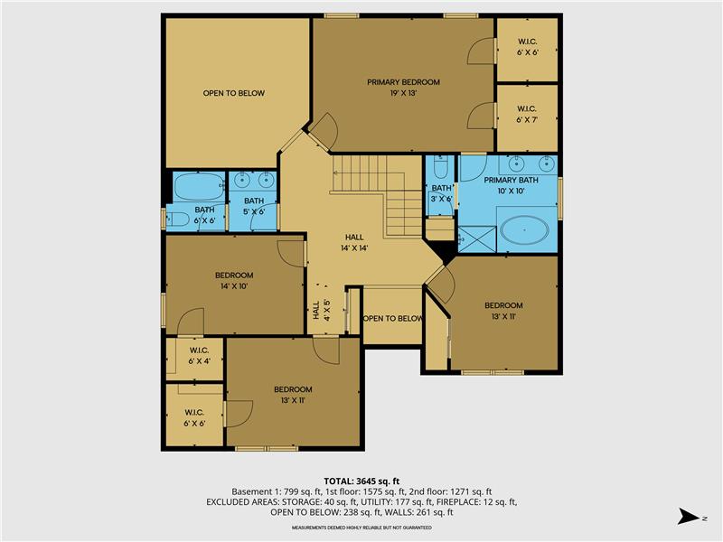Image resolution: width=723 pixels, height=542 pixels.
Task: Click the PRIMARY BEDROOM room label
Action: coord(403,87)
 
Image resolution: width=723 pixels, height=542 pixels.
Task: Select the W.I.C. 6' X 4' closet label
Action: coord(198,356)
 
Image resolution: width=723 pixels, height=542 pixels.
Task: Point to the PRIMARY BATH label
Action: coord(510,185)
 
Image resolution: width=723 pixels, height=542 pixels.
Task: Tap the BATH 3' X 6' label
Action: coord(441,193)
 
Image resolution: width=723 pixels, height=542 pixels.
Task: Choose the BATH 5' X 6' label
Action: coord(254,206)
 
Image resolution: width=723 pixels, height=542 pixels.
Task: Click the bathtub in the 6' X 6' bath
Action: coord(197,188)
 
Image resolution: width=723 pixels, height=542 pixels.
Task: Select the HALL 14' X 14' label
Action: coord(354,241)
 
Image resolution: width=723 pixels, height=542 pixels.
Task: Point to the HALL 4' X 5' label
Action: coord(321,311)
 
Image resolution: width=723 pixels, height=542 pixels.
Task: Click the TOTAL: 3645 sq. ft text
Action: coord(361,480)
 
